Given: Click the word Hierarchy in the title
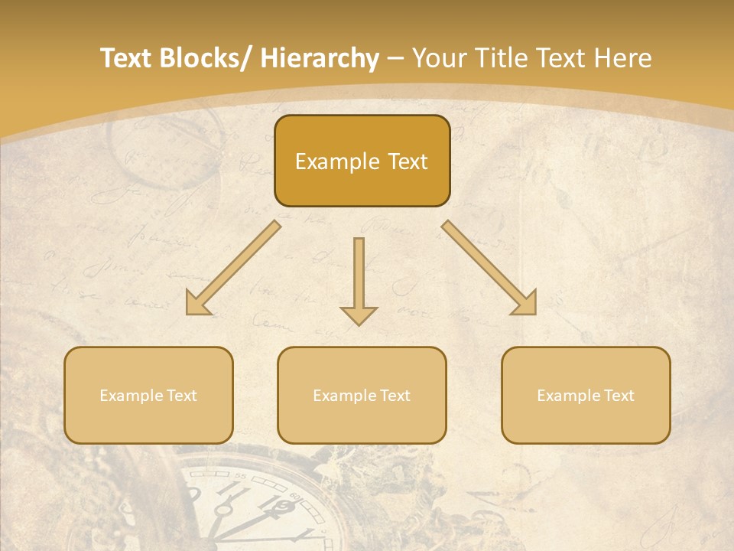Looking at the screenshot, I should pyautogui.click(x=320, y=58).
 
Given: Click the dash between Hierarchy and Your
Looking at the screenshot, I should pyautogui.click(x=395, y=59).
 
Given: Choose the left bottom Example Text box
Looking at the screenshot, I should pyautogui.click(x=148, y=395).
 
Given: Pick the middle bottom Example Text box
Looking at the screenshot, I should pyautogui.click(x=362, y=395).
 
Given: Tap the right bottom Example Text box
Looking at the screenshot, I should pyautogui.click(x=586, y=395).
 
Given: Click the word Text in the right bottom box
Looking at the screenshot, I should pyautogui.click(x=619, y=396).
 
